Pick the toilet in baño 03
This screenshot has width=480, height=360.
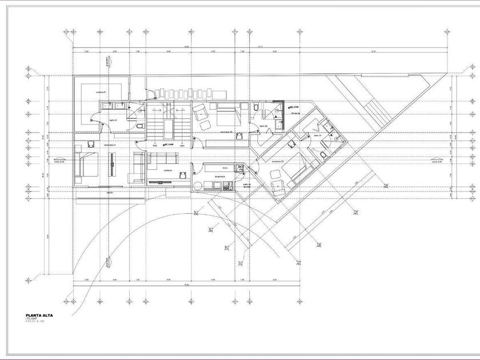pos(324,154)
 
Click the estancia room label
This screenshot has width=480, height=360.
pos(168,170)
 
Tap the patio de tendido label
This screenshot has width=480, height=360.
pos(247,186)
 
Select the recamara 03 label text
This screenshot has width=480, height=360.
pos(279,161)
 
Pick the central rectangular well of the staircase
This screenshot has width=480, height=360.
pos(168,129)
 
